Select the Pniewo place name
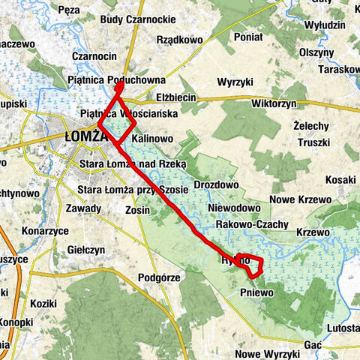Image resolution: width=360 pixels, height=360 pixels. tap(257, 292)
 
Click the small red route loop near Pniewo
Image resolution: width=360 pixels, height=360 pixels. tap(252, 265)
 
